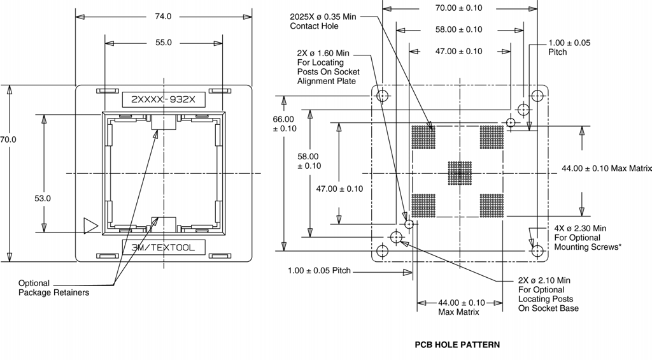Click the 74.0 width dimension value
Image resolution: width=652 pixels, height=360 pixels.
point(163,16)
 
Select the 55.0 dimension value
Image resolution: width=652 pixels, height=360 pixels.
point(164,43)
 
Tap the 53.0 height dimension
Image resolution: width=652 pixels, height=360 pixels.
point(43,199)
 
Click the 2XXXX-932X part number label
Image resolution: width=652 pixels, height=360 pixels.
point(164,99)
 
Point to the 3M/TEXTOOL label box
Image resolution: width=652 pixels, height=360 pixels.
point(164,247)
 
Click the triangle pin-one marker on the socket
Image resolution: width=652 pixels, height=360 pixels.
point(90,226)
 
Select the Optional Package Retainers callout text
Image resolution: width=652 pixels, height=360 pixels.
point(53,288)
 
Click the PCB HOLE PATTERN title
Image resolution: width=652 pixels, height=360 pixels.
point(457,345)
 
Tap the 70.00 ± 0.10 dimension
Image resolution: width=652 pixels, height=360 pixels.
point(458,8)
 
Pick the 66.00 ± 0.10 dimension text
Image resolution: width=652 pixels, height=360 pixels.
point(285,124)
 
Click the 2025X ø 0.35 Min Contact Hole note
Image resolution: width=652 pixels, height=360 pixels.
point(323,21)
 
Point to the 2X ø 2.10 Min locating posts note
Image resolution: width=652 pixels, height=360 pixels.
point(548,294)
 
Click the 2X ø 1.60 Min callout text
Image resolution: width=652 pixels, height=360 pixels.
point(329,67)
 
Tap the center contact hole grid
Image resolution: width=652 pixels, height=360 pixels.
point(460,173)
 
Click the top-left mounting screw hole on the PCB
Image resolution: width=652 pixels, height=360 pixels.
point(382,96)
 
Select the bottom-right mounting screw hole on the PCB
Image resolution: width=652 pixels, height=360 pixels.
point(537,251)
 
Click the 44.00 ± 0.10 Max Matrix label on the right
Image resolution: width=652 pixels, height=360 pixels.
point(607,169)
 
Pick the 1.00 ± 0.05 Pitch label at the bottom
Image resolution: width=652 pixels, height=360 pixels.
point(320,271)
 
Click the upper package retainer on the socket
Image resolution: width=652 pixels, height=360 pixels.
point(164,122)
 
